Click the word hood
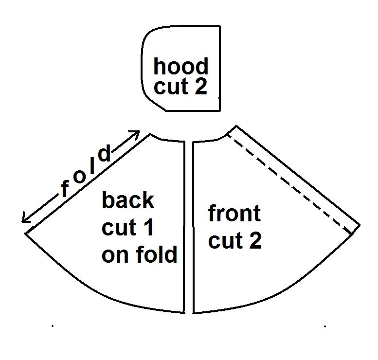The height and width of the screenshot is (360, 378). pyautogui.click(x=181, y=66)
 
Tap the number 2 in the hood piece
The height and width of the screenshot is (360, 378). pyautogui.click(x=201, y=87)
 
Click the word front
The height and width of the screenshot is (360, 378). pyautogui.click(x=234, y=213)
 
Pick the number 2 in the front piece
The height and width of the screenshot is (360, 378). pyautogui.click(x=255, y=240)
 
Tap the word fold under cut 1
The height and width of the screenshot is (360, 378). pyautogui.click(x=157, y=254)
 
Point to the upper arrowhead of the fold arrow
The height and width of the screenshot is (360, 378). pyautogui.click(x=136, y=133)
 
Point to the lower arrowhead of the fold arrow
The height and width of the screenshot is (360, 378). pyautogui.click(x=24, y=219)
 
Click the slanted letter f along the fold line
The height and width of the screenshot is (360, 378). pyautogui.click(x=65, y=189)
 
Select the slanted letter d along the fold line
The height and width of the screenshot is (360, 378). pyautogui.click(x=105, y=153)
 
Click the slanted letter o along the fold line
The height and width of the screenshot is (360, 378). pyautogui.click(x=79, y=177)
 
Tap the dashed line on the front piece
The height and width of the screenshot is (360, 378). pyautogui.click(x=289, y=184)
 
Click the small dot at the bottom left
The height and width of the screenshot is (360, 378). pyautogui.click(x=53, y=326)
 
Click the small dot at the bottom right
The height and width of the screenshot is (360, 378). pyautogui.click(x=325, y=326)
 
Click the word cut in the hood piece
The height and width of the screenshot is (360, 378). pyautogui.click(x=171, y=87)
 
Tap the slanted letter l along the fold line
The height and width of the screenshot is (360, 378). pyautogui.click(x=92, y=166)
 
